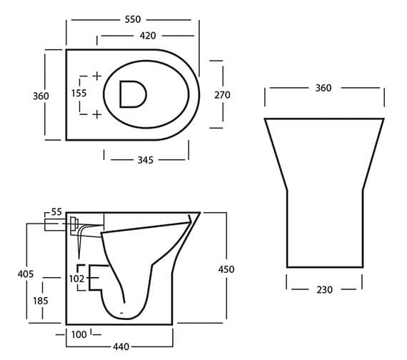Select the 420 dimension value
tap(147, 35)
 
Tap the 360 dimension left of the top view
tap(41, 96)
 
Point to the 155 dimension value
tap(79, 94)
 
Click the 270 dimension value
tap(223, 95)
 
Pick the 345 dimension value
tap(146, 160)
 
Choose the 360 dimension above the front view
tap(323, 88)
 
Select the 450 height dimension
tap(226, 269)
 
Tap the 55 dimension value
tap(57, 212)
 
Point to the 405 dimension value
tap(26, 273)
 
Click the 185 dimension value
tap(41, 301)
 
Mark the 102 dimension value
tap(78, 279)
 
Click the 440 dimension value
tap(121, 346)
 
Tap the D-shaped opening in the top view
tap(132, 94)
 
